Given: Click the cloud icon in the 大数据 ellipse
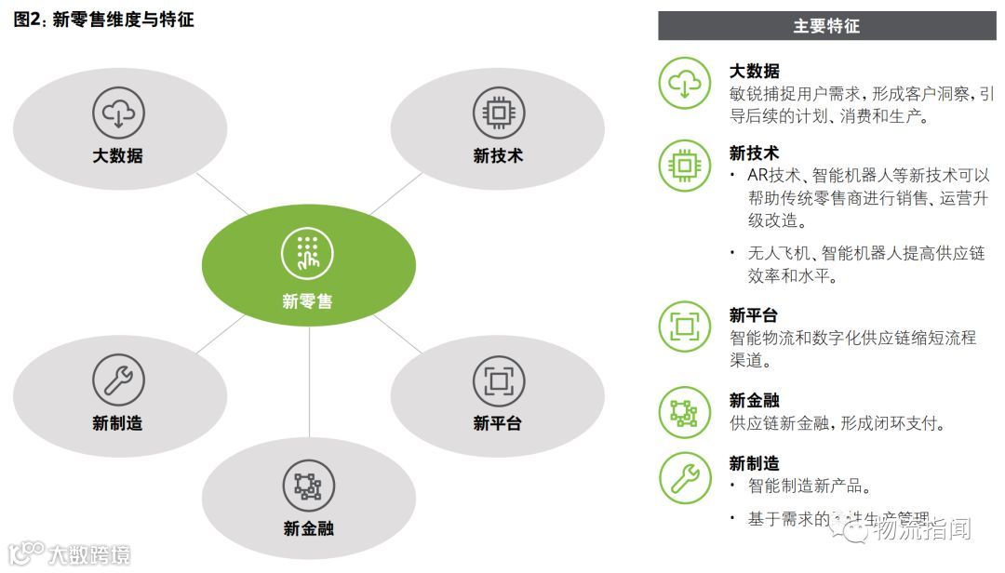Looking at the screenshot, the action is tap(118, 113).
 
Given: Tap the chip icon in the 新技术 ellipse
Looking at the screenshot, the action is tap(499, 113).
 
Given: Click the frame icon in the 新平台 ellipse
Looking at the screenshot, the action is tap(499, 380).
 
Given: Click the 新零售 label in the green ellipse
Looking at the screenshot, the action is tap(308, 301).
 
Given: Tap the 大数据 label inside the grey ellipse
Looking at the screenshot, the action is tap(118, 155).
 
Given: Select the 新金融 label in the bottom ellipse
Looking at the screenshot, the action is tap(308, 528).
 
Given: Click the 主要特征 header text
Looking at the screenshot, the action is tap(826, 26).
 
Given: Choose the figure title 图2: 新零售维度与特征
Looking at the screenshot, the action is tap(103, 20).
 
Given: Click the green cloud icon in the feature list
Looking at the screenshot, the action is tap(684, 83).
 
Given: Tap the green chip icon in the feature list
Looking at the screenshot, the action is tap(684, 166).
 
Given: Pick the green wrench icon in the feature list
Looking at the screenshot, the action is tap(684, 477).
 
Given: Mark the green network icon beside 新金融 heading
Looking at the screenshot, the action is tap(684, 412).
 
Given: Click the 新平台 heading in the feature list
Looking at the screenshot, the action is tap(754, 316).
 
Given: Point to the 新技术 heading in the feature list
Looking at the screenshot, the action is tap(754, 153).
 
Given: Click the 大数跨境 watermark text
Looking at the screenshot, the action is tap(89, 555).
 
